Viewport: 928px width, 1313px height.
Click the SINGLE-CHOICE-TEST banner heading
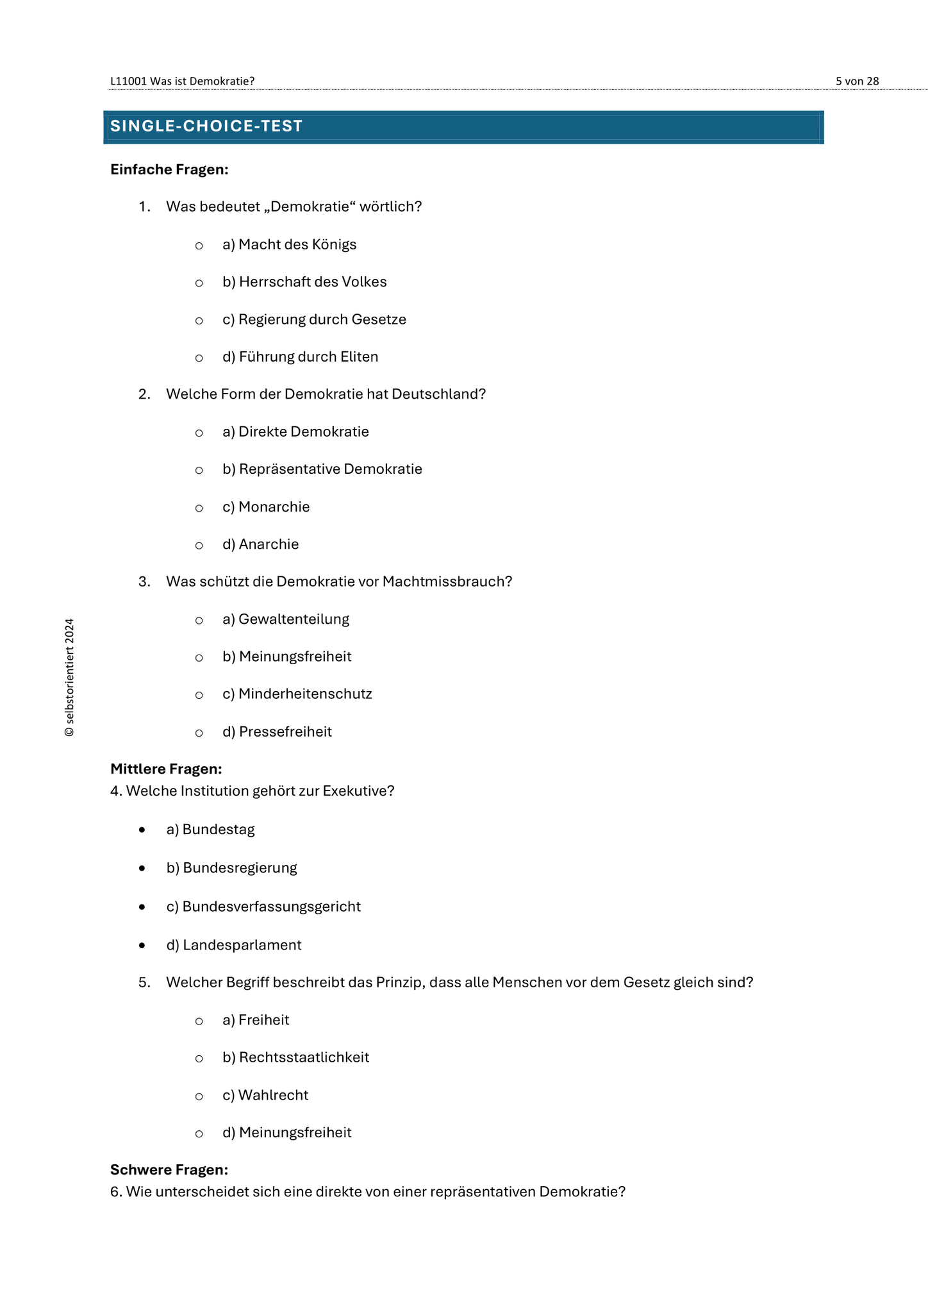click(x=206, y=126)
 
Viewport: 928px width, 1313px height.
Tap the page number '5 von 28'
click(x=857, y=81)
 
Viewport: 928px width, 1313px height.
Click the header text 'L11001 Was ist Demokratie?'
click(x=183, y=81)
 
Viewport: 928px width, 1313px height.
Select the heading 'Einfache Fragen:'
click(x=169, y=169)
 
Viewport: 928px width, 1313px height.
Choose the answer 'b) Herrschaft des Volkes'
click(x=304, y=282)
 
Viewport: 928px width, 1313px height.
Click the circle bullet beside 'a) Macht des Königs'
click(x=199, y=246)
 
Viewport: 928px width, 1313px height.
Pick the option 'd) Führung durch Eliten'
click(x=300, y=357)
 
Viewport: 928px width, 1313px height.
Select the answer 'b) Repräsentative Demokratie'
click(x=322, y=469)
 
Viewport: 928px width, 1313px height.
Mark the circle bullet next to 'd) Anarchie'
click(x=199, y=546)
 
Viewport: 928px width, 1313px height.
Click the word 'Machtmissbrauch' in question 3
click(x=447, y=581)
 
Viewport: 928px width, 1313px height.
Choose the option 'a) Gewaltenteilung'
click(x=286, y=619)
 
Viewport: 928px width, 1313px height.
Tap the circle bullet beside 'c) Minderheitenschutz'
click(x=199, y=695)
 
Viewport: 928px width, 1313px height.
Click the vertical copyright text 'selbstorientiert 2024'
click(x=69, y=677)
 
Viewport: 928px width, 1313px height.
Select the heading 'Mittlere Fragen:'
click(x=166, y=769)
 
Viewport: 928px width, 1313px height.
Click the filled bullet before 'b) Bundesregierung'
click(x=142, y=869)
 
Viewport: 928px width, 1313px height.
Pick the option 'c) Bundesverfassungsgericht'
click(x=263, y=907)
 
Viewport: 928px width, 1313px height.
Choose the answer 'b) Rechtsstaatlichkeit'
click(x=295, y=1057)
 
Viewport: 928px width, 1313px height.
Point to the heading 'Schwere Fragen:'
click(x=169, y=1170)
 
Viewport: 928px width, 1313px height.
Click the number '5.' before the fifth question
click(x=144, y=982)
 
